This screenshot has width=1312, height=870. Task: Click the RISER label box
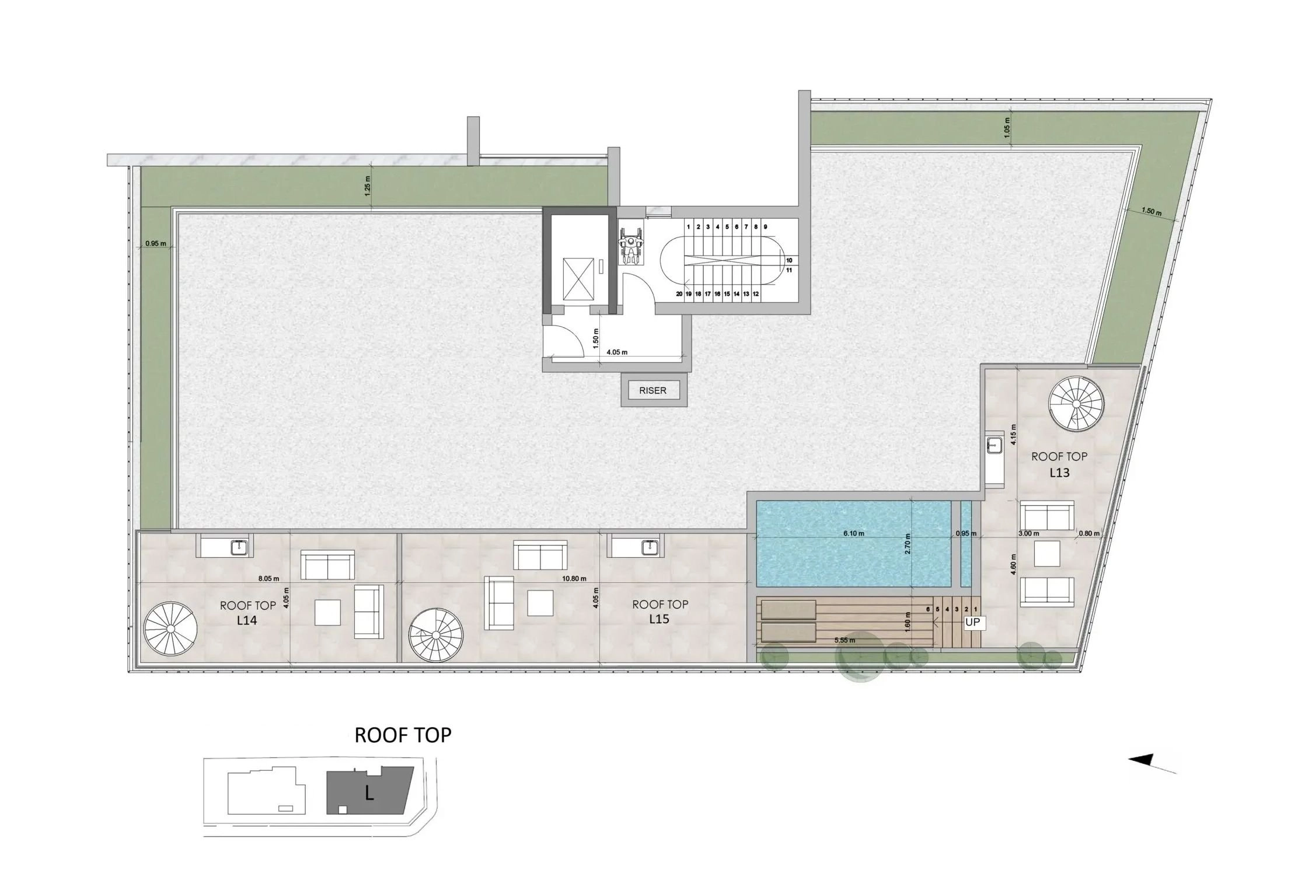[652, 390]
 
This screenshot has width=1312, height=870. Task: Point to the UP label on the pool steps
[972, 623]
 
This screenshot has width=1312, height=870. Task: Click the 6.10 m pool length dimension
[853, 533]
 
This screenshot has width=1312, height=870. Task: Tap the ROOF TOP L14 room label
[247, 613]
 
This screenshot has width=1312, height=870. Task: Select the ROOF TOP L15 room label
[660, 612]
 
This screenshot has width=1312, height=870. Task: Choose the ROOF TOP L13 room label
[1059, 464]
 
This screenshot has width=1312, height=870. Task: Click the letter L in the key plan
[369, 793]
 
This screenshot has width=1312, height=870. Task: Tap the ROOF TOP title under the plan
[403, 735]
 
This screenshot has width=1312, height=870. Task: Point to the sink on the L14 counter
[239, 547]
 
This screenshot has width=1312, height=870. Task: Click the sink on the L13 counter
[993, 445]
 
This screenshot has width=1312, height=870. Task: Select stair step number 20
[679, 294]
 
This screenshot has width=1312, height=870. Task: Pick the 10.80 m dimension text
[574, 579]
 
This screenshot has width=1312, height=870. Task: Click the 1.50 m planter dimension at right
[1151, 211]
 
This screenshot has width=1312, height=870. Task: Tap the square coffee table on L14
[329, 613]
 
